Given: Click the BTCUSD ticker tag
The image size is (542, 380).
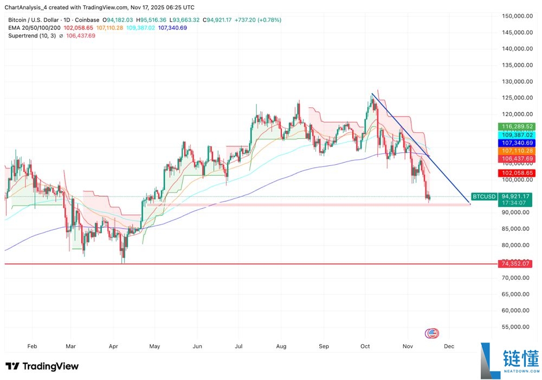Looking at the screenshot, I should (x=483, y=196).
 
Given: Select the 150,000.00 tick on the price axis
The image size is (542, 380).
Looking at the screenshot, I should (x=517, y=16).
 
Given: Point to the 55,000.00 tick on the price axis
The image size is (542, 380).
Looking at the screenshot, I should (x=517, y=327).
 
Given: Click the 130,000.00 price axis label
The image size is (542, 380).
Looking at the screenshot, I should (x=517, y=81).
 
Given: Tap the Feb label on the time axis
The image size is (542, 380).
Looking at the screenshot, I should (x=32, y=345).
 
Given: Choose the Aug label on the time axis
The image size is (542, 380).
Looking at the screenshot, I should (x=281, y=345).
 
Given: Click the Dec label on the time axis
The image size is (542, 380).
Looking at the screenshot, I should (x=449, y=345).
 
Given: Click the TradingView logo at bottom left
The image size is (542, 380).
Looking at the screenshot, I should (x=42, y=366).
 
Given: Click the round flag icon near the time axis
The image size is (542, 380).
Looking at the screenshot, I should (x=432, y=333).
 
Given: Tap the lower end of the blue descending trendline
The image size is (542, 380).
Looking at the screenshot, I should (x=470, y=204).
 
